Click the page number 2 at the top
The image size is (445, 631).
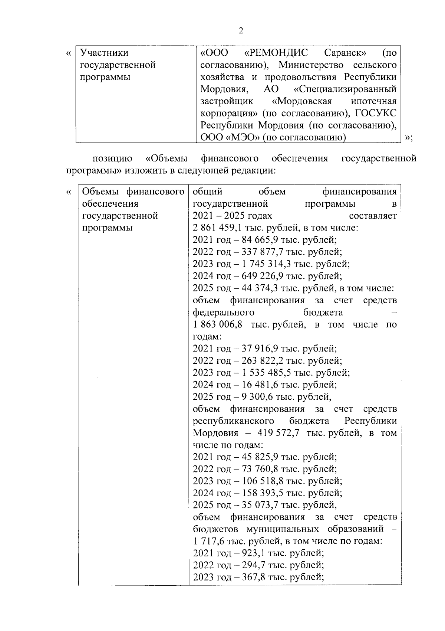(x=241, y=31)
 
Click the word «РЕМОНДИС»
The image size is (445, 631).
(x=276, y=53)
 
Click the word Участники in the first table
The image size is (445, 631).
(x=105, y=53)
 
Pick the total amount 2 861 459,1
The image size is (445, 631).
(x=220, y=228)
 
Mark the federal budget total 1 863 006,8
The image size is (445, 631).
(x=218, y=325)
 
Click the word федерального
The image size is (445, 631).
(x=223, y=312)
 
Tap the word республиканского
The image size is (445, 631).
(x=234, y=421)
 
